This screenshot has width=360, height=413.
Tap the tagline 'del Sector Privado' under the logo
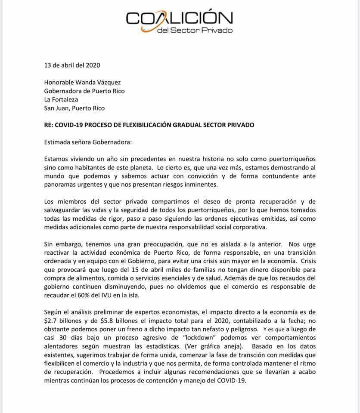click(195, 31)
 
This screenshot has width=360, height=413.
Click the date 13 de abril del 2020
click(72, 65)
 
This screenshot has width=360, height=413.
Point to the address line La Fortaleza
click(62, 99)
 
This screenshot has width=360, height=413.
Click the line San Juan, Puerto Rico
click(74, 108)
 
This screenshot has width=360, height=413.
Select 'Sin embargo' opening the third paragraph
click(61, 244)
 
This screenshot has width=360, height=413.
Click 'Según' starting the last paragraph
click(53, 312)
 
